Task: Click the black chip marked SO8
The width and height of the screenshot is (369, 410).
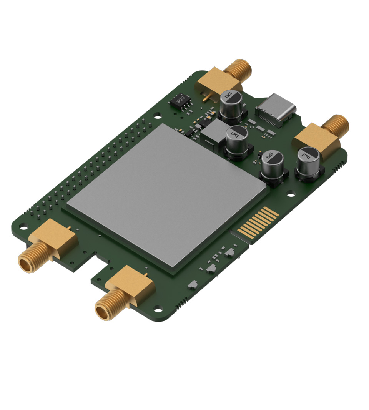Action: click(x=180, y=100)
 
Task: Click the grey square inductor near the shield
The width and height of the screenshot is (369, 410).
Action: click(x=213, y=132)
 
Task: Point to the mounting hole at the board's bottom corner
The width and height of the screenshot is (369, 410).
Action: click(x=158, y=308)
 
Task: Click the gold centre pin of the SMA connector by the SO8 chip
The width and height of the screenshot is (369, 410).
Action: click(x=206, y=100)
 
